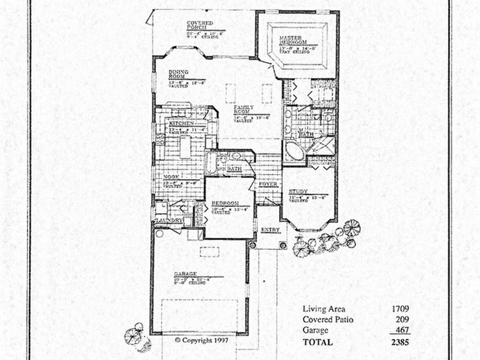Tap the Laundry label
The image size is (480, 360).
pyautogui.click(x=168, y=220)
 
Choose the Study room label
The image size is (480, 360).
pyautogui.click(x=298, y=192)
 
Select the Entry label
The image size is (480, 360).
pyautogui.click(x=270, y=230)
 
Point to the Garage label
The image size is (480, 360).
pyautogui.click(x=185, y=274)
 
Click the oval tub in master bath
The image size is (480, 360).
pyautogui.click(x=295, y=152)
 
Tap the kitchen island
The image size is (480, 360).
pyautogui.click(x=186, y=147)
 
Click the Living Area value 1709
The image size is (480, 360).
pyautogui.click(x=400, y=309)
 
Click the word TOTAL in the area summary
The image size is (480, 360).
pyautogui.click(x=318, y=342)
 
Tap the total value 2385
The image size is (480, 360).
pyautogui.click(x=400, y=342)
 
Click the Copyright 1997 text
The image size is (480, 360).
pyautogui.click(x=202, y=340)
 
